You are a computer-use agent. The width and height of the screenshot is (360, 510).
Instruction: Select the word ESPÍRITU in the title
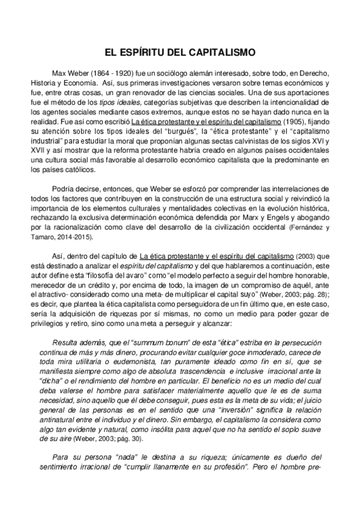coord(151,52)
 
